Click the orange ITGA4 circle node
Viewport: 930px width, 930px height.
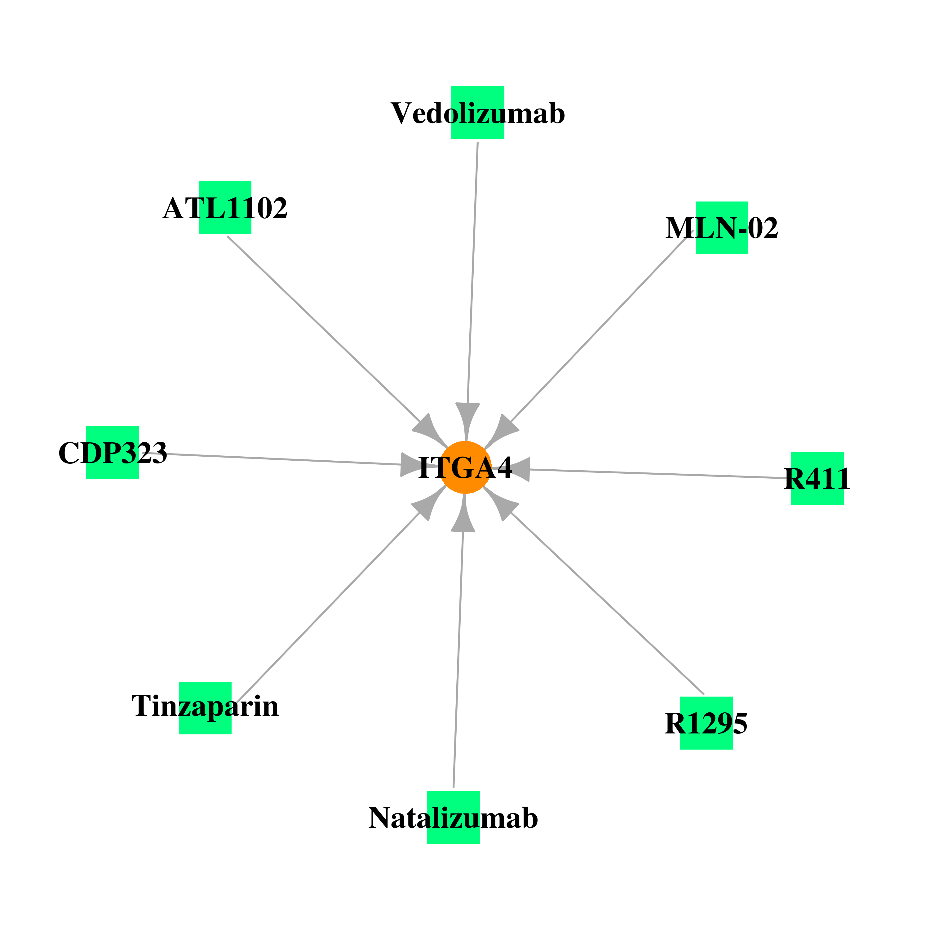pyautogui.click(x=465, y=467)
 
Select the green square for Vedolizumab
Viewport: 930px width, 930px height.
pyautogui.click(x=477, y=113)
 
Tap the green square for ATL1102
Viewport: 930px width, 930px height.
pyautogui.click(x=225, y=207)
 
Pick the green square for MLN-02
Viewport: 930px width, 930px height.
pyautogui.click(x=722, y=228)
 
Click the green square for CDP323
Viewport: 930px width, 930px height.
pyautogui.click(x=113, y=453)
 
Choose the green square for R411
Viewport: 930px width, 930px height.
pyautogui.click(x=817, y=478)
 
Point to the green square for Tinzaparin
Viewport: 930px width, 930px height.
pyautogui.click(x=205, y=708)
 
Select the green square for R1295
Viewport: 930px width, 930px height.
pyautogui.click(x=706, y=723)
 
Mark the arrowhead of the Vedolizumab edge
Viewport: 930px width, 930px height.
pyautogui.click(x=467, y=420)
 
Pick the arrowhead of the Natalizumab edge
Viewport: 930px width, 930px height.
pyautogui.click(x=463, y=515)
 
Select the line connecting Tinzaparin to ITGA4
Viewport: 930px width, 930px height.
pyautogui.click(x=328, y=607)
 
